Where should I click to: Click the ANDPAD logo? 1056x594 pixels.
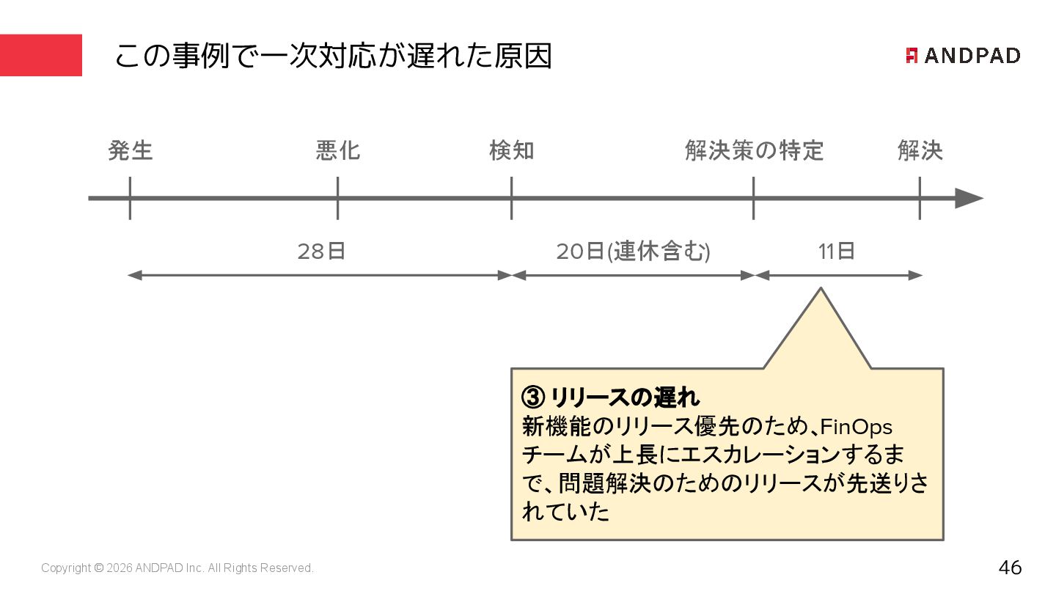(963, 56)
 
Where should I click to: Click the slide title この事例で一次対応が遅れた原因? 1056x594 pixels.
(333, 56)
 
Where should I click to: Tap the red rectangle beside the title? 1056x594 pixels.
(41, 56)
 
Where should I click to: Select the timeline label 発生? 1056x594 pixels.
(131, 151)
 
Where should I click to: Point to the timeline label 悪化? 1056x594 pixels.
(338, 151)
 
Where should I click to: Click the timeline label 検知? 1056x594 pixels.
(512, 151)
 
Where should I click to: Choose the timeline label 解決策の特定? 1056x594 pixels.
(754, 151)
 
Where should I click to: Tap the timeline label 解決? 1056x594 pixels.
(920, 151)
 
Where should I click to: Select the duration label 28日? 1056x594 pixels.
(321, 252)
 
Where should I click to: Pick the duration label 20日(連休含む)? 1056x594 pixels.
(633, 252)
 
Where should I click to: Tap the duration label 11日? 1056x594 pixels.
(837, 252)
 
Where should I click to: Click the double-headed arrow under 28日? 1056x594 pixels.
(320, 276)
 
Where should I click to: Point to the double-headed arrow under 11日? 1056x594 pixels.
(838, 276)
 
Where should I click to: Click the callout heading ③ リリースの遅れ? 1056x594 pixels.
(611, 397)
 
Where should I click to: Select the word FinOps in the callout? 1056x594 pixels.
(856, 426)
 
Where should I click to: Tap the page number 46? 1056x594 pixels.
(1010, 568)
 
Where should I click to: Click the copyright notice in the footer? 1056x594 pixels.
(177, 568)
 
